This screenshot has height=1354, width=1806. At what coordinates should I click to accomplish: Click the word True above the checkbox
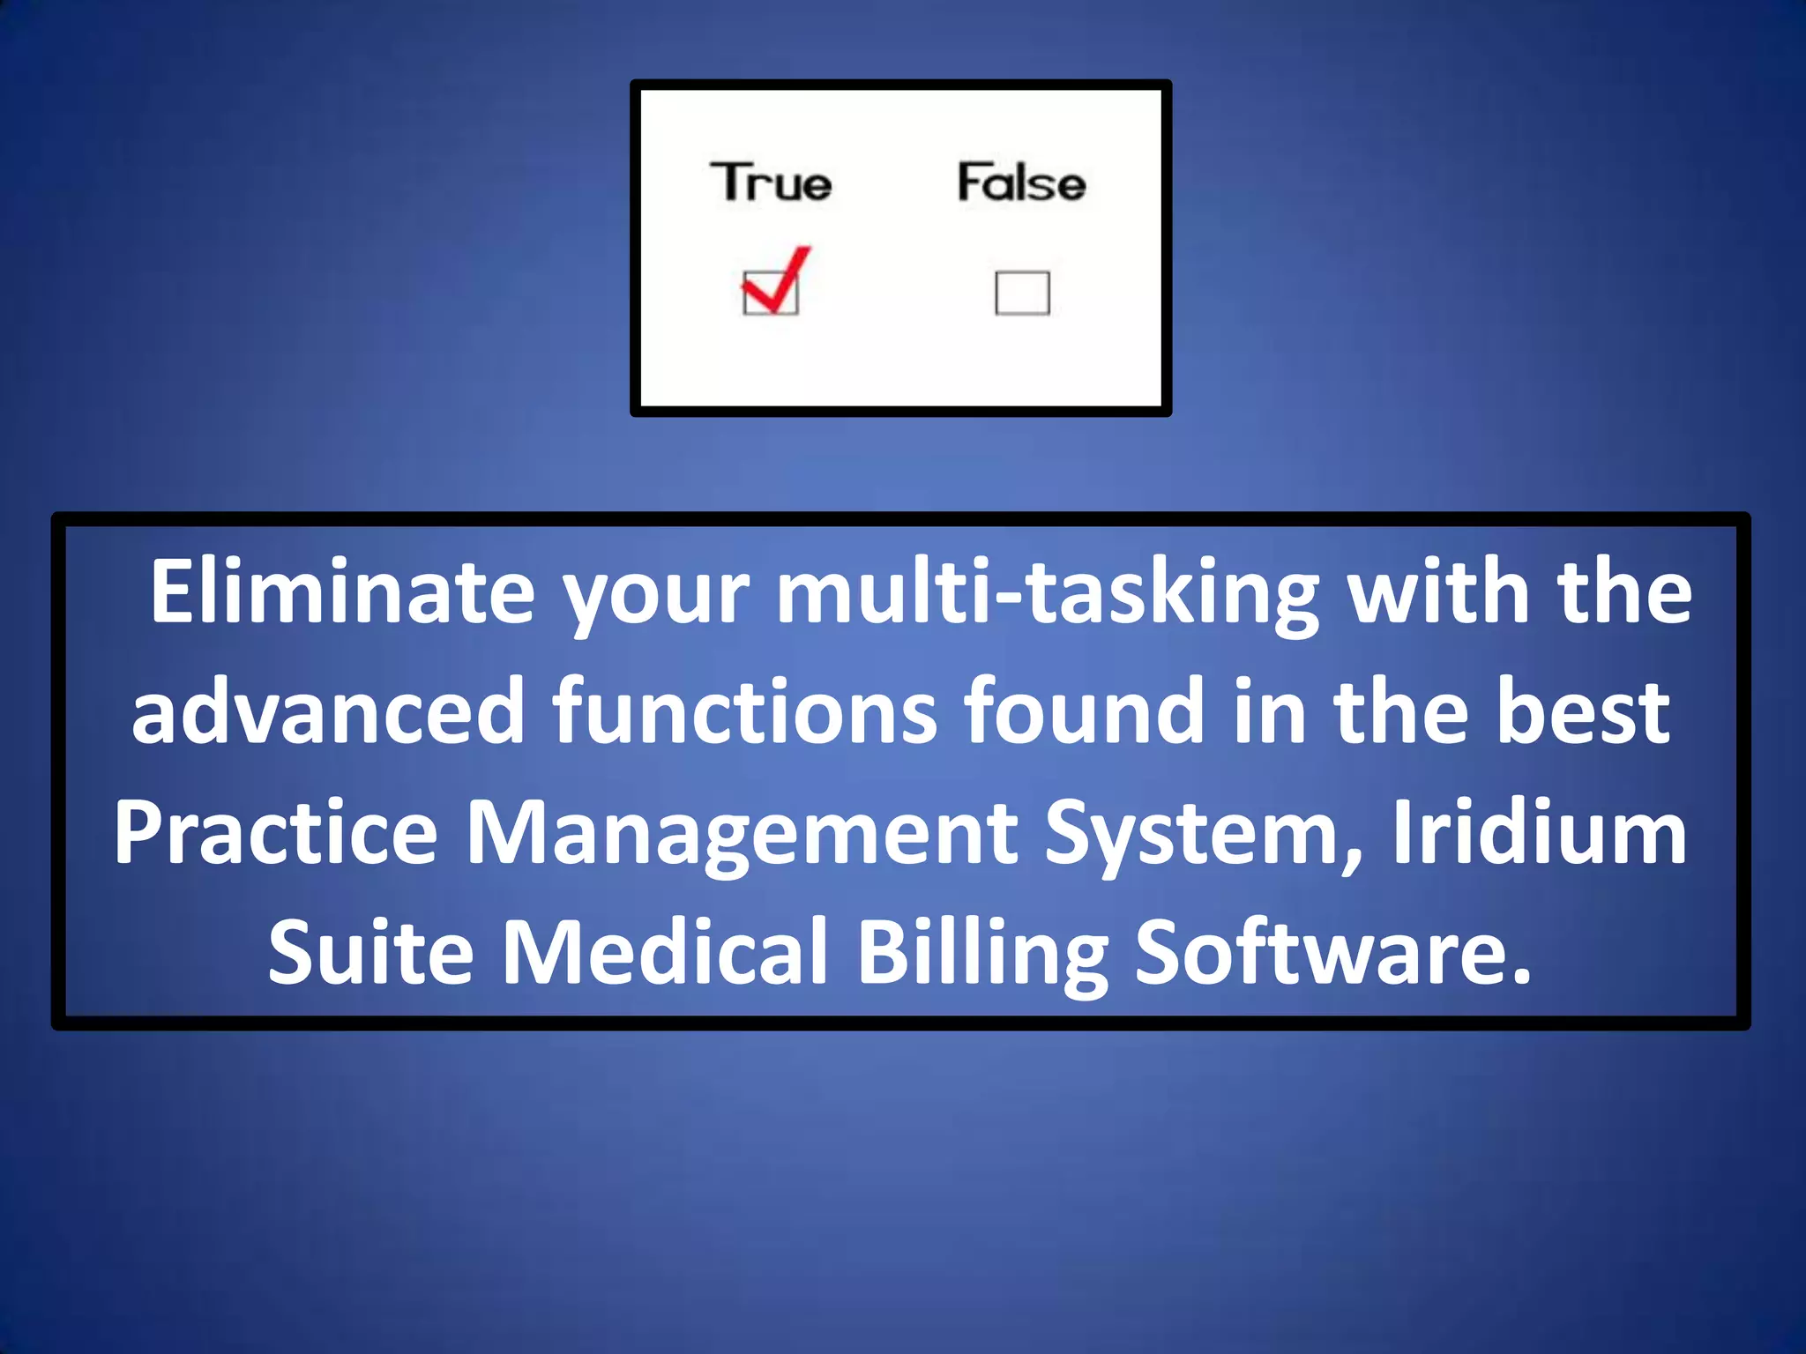[771, 182]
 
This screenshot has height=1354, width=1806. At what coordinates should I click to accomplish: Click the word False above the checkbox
[1021, 182]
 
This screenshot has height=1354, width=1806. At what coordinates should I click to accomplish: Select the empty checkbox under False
[1022, 293]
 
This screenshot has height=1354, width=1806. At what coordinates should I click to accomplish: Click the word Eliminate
[342, 591]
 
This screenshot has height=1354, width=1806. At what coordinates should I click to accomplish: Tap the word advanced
[328, 710]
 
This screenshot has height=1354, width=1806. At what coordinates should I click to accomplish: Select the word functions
[745, 710]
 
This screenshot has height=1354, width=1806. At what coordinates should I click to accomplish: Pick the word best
[1582, 710]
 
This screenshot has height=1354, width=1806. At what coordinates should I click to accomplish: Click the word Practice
[276, 832]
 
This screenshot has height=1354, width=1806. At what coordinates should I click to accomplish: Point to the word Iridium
[1539, 832]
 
